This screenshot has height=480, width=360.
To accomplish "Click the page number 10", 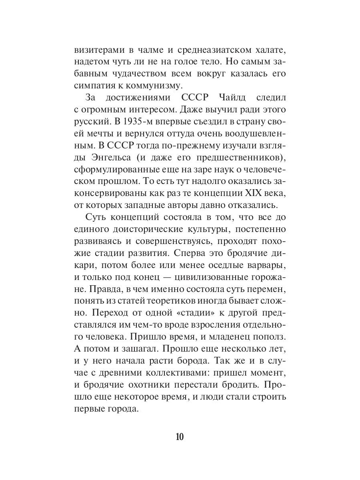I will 179,436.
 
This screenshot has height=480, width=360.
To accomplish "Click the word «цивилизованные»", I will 207,277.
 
